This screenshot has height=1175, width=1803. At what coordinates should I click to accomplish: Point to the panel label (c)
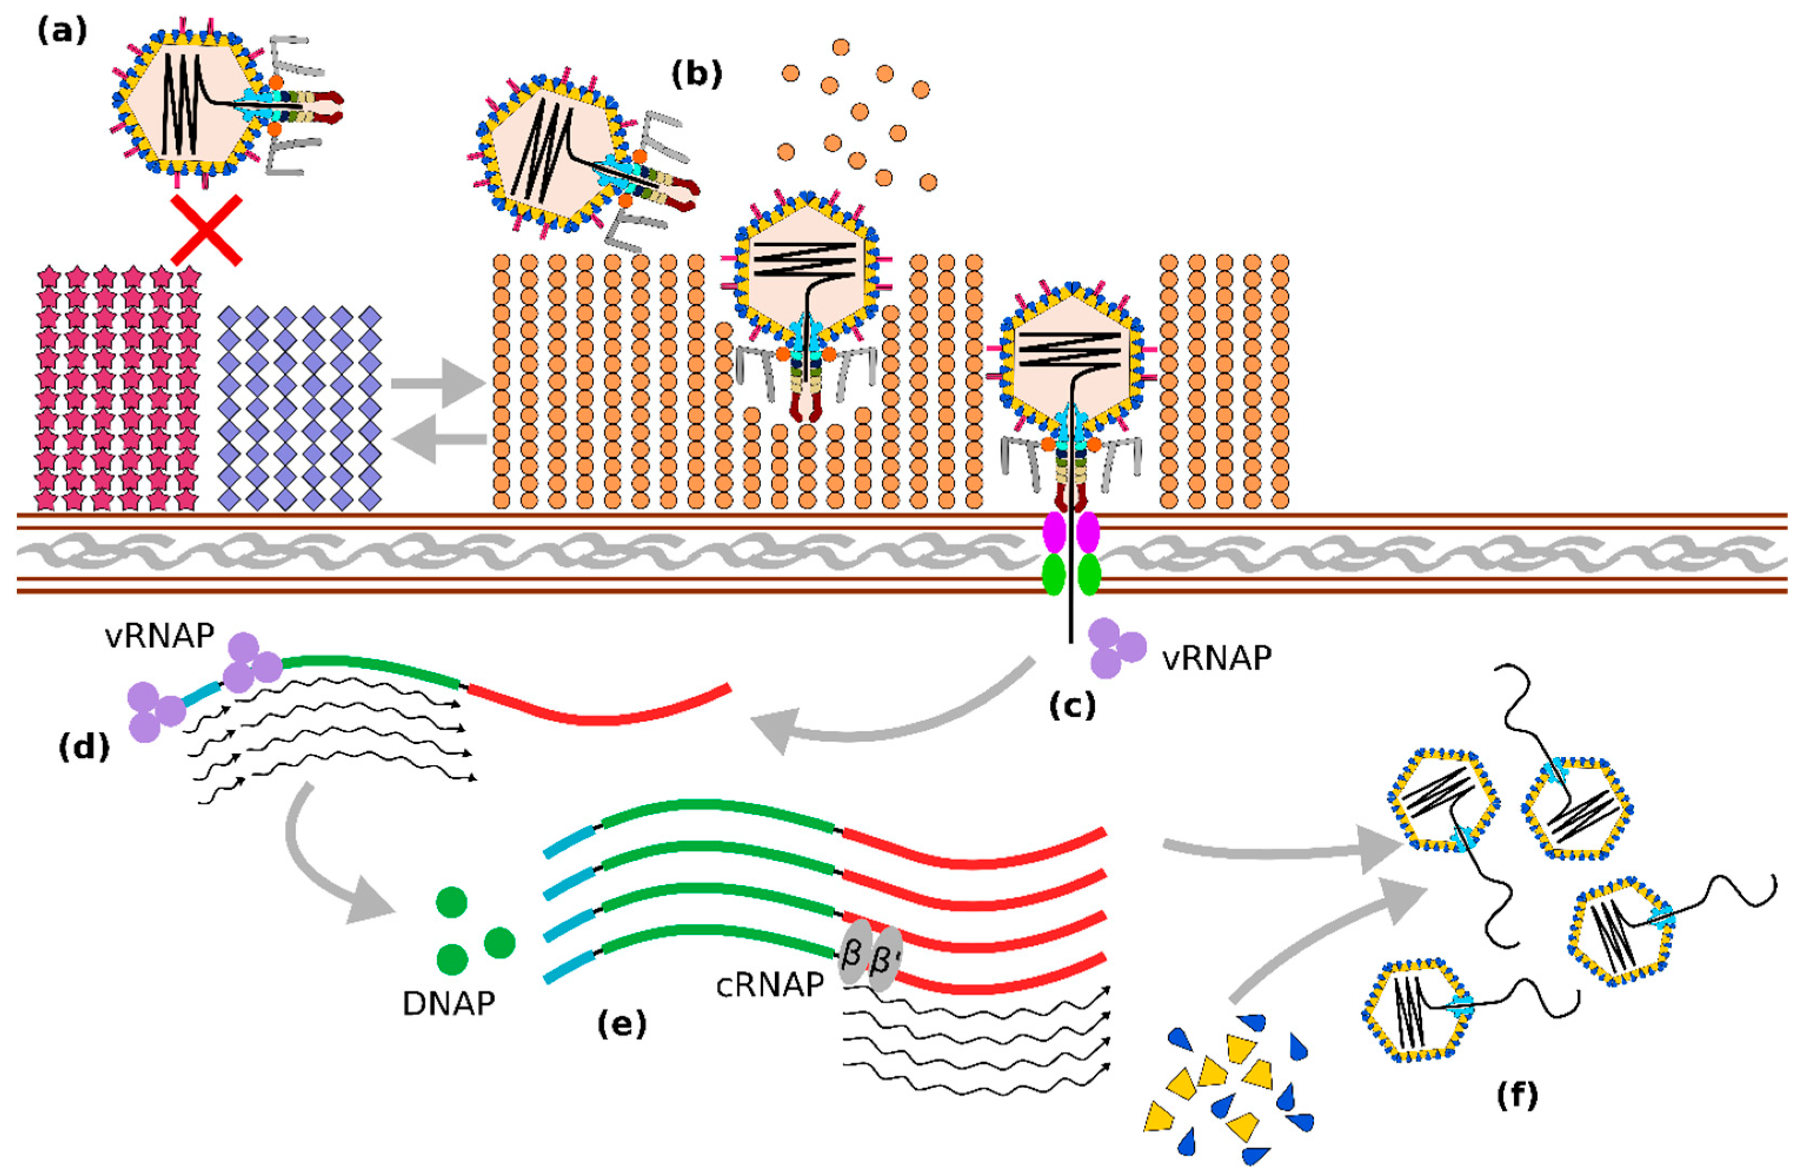pos(1073,705)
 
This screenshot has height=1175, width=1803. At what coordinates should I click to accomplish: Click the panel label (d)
pos(84,748)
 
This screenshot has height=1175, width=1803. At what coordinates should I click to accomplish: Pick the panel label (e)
pos(622,1024)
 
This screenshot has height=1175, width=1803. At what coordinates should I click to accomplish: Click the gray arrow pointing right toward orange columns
pos(438,384)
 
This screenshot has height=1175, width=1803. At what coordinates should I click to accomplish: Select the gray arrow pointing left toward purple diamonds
pos(438,439)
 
